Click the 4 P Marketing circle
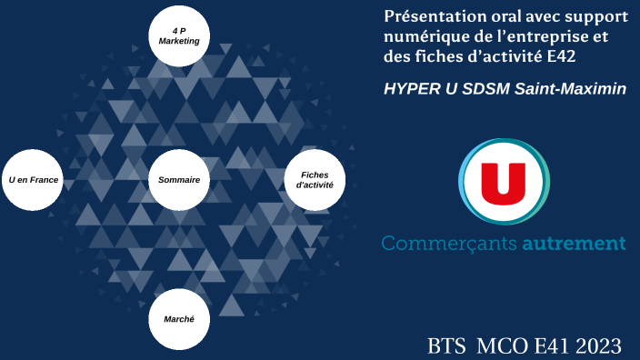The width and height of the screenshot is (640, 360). pyautogui.click(x=179, y=36)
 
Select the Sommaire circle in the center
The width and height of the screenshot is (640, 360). pyautogui.click(x=179, y=180)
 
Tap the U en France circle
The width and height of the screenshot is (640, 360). pyautogui.click(x=34, y=180)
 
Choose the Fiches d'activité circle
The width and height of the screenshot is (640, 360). pyautogui.click(x=315, y=180)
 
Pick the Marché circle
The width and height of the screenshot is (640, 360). pyautogui.click(x=179, y=320)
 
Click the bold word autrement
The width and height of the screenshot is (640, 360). pyautogui.click(x=574, y=244)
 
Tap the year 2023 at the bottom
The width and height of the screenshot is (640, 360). pyautogui.click(x=596, y=345)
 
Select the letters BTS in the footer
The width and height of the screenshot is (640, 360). pyautogui.click(x=446, y=345)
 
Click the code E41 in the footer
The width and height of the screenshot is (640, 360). pyautogui.click(x=545, y=345)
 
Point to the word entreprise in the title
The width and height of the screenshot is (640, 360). pyautogui.click(x=541, y=38)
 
